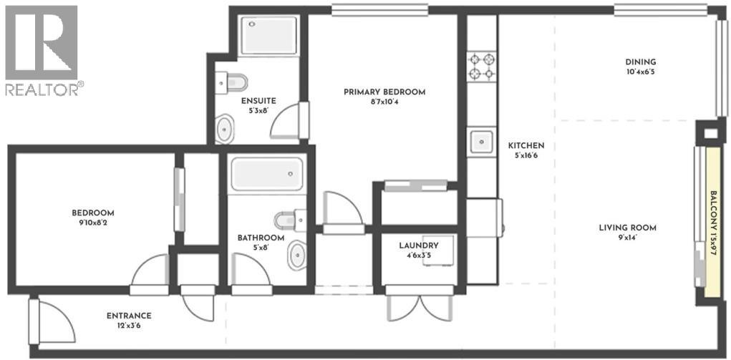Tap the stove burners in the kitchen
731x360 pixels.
(481, 67)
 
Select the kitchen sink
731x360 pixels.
(481, 141)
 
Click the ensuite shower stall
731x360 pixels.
(268, 35)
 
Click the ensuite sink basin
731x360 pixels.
(225, 130)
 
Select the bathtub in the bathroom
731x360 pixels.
(266, 174)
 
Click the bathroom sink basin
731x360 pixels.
(297, 256)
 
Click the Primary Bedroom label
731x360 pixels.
(384, 92)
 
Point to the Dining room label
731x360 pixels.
(640, 62)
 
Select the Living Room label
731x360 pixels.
(627, 228)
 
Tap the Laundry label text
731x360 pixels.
(418, 245)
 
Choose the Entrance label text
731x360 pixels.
(129, 316)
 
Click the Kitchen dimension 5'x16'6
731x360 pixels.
(526, 155)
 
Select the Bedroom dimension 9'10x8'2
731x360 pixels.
(93, 223)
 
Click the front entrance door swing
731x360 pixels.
(54, 322)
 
